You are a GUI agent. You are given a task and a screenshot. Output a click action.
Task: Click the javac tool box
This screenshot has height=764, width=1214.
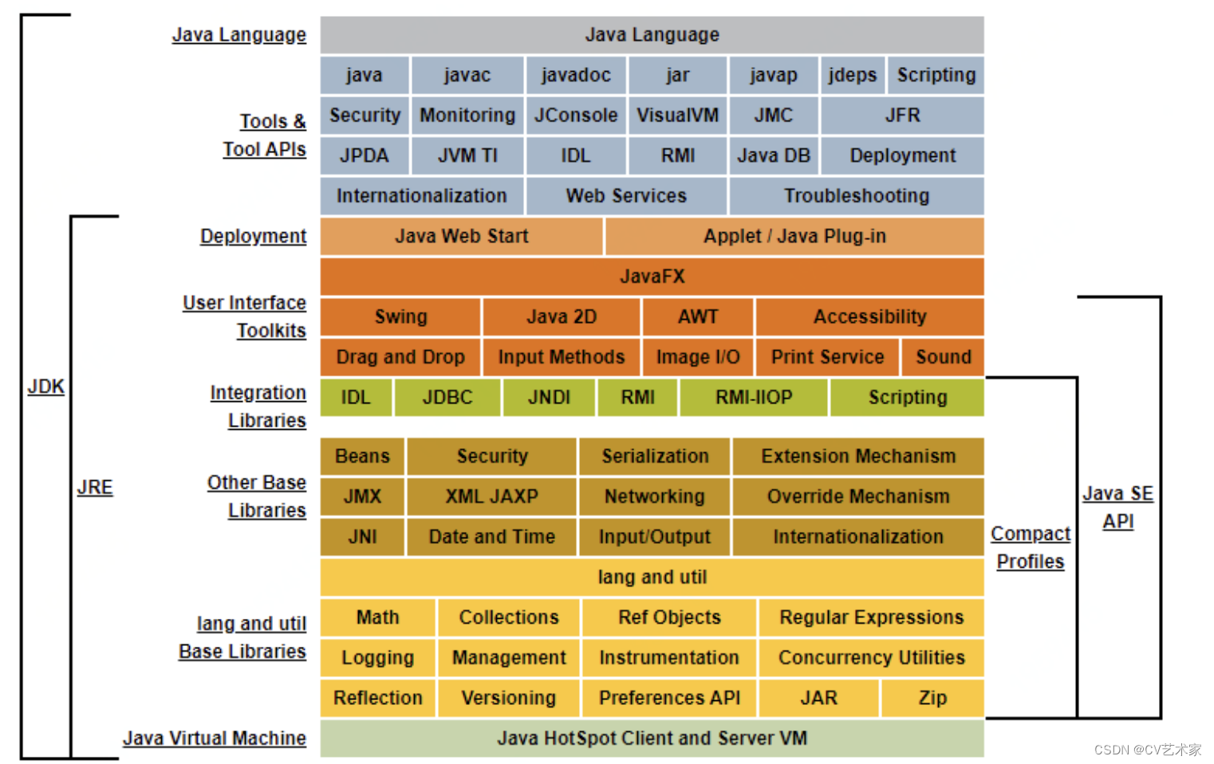point(467,75)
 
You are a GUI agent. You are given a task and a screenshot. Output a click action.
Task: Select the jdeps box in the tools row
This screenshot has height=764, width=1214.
point(852,75)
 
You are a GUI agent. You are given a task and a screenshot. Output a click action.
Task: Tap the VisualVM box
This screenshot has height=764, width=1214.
point(677,116)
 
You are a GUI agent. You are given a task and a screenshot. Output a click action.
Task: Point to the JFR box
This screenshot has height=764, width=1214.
point(902,116)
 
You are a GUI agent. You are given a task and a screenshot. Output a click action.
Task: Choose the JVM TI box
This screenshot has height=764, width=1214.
point(467,156)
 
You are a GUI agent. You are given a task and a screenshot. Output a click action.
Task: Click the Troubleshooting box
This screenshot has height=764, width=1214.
point(856,196)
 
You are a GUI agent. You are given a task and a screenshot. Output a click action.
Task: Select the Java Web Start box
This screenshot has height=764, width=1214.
point(461,236)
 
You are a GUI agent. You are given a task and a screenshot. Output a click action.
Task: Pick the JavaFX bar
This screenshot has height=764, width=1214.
point(652,277)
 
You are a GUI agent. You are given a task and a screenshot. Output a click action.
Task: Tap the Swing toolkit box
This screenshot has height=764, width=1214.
point(400,317)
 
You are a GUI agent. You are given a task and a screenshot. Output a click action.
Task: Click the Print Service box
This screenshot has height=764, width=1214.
point(827,357)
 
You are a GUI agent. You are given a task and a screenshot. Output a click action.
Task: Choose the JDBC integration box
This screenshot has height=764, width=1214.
point(447,397)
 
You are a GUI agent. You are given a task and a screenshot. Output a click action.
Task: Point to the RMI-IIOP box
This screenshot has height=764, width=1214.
point(754,397)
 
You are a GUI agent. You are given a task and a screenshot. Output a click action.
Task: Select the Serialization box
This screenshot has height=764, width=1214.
point(654,456)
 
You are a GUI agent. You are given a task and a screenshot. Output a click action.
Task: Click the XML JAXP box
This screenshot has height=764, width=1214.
point(491,496)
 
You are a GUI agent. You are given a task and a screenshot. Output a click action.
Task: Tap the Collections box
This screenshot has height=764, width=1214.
point(509,617)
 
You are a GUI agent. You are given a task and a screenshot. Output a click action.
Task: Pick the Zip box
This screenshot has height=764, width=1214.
point(932,698)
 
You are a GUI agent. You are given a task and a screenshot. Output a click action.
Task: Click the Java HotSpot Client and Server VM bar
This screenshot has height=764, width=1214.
point(652,738)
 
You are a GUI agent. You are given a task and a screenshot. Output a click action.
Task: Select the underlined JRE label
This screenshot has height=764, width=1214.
point(95,487)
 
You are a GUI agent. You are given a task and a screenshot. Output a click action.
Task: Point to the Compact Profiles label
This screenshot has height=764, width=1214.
point(1031,547)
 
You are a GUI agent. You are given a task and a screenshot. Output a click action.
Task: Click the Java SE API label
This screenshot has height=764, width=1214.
point(1117,507)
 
